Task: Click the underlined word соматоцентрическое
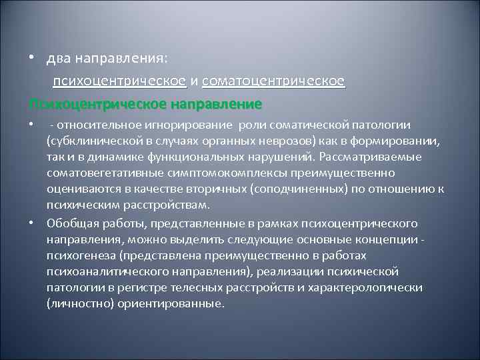pyautogui.click(x=273, y=81)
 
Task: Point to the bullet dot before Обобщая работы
pyautogui.click(x=31, y=221)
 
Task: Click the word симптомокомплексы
pyautogui.click(x=215, y=173)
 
